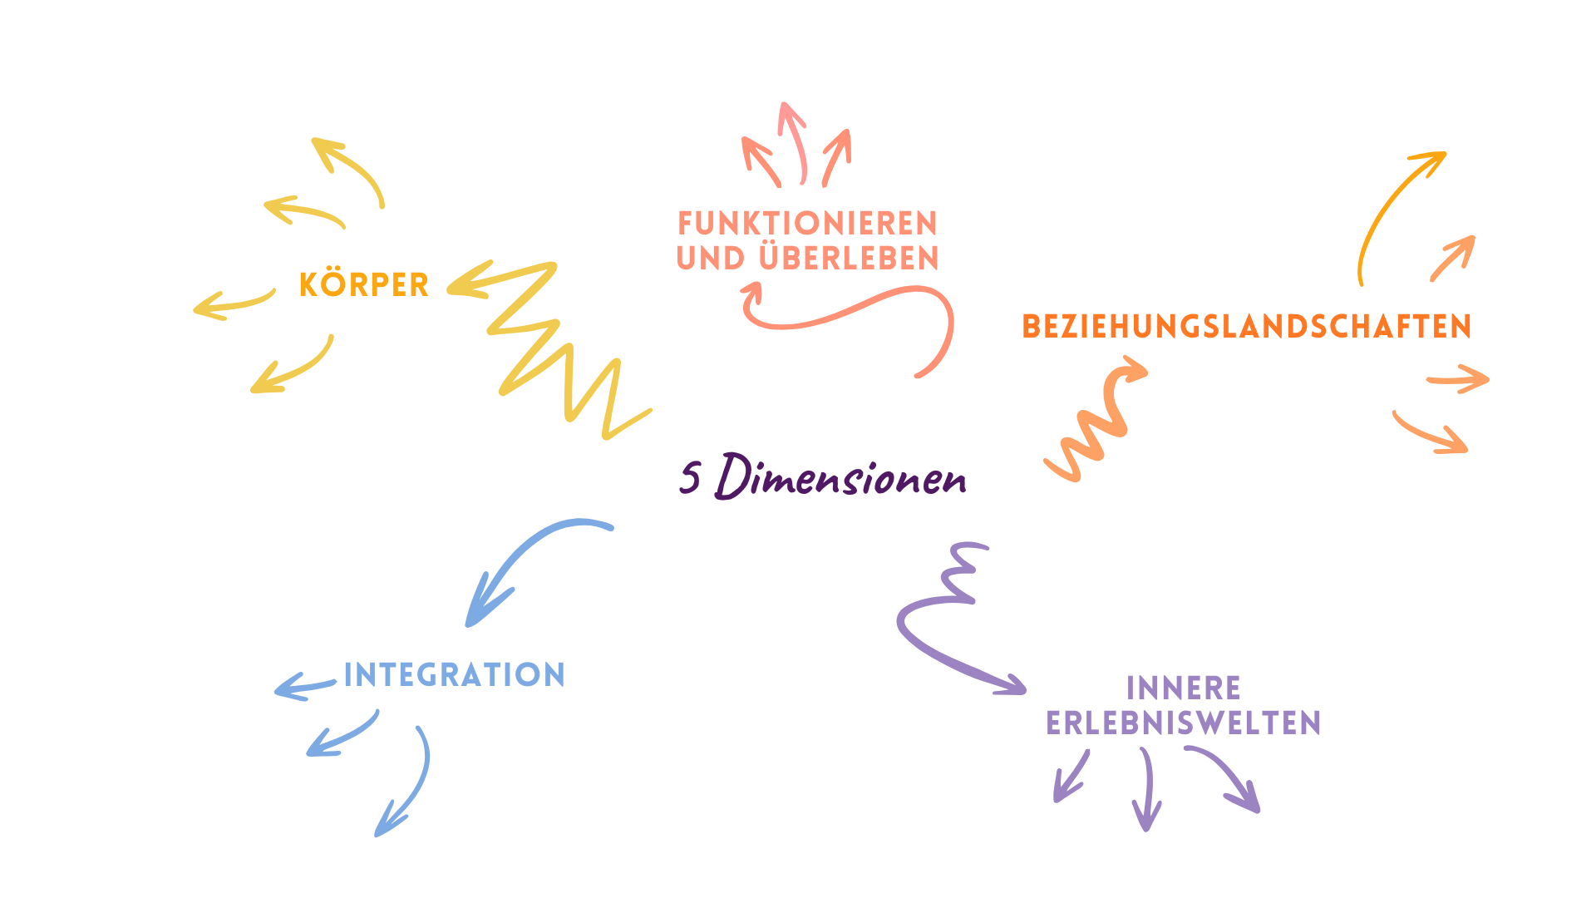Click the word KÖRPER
[363, 284]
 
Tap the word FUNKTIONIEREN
[807, 223]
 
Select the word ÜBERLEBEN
[849, 257]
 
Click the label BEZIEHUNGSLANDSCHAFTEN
[1246, 326]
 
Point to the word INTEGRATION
[454, 674]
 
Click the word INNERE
[1184, 688]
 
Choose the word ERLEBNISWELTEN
[1184, 723]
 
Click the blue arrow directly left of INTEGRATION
[303, 688]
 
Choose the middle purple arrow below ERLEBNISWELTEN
[1148, 790]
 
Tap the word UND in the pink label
[711, 258]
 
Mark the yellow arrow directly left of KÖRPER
[233, 303]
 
